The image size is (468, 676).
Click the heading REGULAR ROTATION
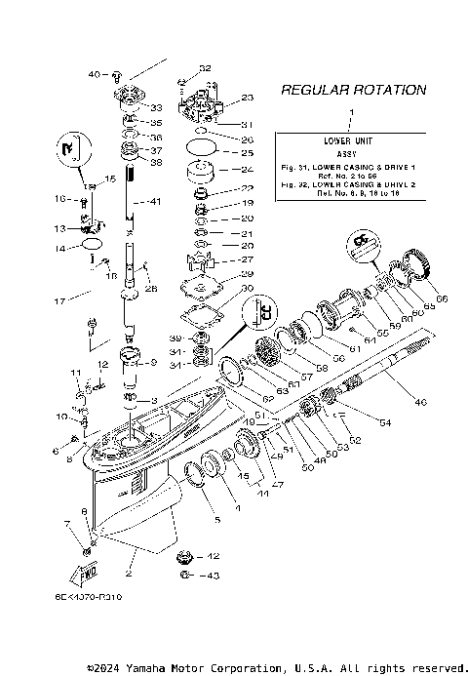point(353,90)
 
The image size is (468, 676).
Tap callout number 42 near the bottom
point(213,556)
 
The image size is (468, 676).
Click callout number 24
point(220,169)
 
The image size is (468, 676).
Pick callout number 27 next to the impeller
point(219,259)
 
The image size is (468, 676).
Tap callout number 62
point(240,398)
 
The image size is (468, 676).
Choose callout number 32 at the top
point(204,68)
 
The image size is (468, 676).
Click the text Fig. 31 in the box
point(293,168)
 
